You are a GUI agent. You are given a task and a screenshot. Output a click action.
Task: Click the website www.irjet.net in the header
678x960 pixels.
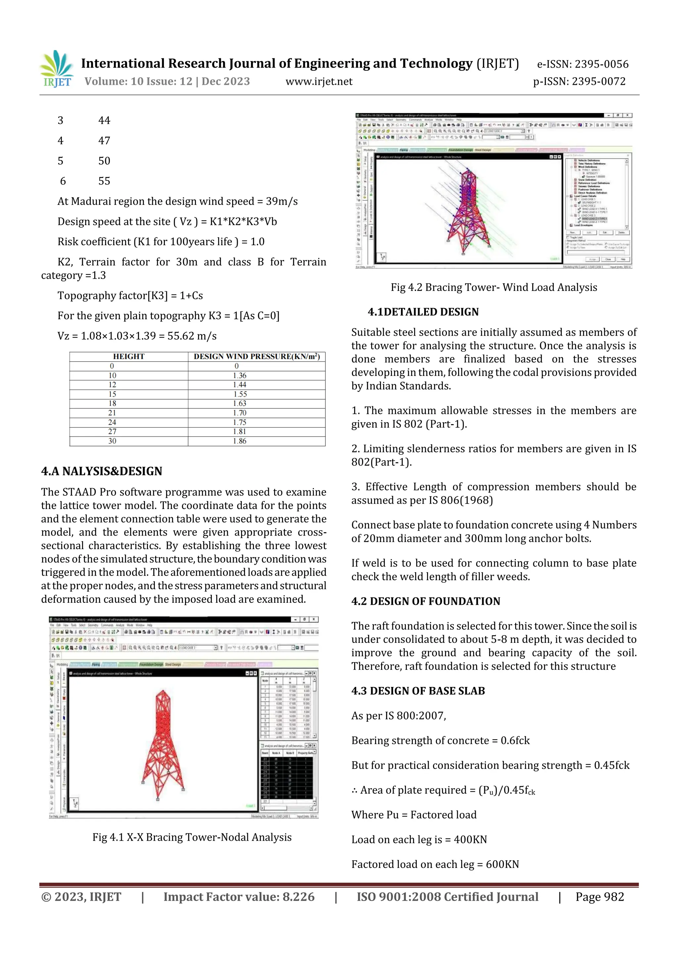coord(319,82)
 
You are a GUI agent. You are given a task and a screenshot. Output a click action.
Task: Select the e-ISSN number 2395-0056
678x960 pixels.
coord(601,64)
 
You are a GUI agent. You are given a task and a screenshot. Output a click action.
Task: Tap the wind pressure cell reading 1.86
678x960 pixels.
coord(240,441)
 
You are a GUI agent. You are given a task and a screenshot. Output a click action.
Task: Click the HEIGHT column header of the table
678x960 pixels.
coord(129,357)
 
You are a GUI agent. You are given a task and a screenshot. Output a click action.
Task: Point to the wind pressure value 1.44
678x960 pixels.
coord(240,385)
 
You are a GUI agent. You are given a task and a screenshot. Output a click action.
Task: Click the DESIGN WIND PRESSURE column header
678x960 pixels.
coord(257,357)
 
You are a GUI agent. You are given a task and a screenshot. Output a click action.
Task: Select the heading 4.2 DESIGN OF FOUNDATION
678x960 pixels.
coord(426,601)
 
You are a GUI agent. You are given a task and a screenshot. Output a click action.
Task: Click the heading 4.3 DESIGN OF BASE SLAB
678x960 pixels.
coord(418,691)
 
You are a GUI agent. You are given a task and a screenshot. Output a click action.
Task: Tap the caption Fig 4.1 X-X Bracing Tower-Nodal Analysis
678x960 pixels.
coord(192,837)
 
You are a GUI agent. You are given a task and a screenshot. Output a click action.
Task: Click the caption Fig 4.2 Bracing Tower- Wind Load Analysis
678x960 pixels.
coord(494,287)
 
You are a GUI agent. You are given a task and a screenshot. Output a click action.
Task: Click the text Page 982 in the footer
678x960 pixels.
coord(600,897)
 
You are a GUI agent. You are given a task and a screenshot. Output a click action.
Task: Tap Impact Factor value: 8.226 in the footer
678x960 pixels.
coord(239,897)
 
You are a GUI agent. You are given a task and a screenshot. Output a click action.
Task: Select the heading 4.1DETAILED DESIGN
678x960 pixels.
coord(423,312)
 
